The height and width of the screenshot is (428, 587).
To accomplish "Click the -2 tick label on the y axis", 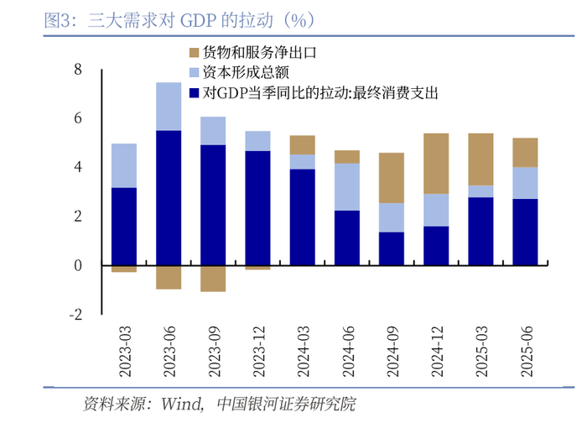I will [x=75, y=315].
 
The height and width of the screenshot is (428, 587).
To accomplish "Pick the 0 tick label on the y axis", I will [x=78, y=266].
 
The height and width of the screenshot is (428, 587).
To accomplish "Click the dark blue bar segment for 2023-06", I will [x=169, y=198].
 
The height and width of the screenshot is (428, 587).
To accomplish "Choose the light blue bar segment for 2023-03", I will [x=124, y=165].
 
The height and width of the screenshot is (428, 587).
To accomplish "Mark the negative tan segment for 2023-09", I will [x=213, y=279].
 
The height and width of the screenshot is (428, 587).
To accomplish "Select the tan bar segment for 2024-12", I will [x=436, y=164].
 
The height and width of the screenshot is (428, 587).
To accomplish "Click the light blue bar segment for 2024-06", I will [x=347, y=186].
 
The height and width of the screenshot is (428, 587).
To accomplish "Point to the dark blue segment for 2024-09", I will [x=392, y=248].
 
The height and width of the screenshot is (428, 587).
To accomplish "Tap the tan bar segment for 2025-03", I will [x=481, y=159].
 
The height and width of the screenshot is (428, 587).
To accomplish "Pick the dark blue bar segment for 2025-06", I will [x=525, y=232].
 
